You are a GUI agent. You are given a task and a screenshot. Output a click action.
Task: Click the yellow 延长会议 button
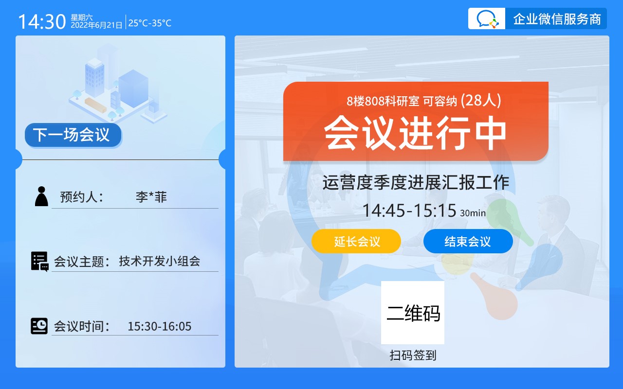click(356, 241)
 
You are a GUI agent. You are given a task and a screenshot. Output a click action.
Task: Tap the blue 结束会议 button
click(468, 241)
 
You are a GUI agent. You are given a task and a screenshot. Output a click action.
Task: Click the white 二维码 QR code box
click(413, 313)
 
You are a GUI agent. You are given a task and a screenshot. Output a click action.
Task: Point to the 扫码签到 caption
click(413, 355)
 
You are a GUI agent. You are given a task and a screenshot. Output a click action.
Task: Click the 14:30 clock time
click(42, 22)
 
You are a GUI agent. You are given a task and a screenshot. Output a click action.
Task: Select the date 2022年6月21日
click(96, 25)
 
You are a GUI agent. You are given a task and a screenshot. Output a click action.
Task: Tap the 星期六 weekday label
click(81, 18)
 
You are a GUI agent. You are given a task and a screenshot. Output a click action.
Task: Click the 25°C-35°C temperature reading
click(150, 23)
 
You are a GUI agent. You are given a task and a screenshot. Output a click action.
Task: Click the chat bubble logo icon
click(487, 18)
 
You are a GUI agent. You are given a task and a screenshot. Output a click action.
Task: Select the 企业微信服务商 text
click(557, 19)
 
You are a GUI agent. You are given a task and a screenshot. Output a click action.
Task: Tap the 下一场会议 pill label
click(73, 135)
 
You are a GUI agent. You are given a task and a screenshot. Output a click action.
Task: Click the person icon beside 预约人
click(41, 196)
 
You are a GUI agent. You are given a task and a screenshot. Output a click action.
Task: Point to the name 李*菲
click(151, 197)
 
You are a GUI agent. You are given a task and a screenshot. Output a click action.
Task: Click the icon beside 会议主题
click(40, 262)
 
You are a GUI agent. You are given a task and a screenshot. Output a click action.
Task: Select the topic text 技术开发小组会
click(160, 261)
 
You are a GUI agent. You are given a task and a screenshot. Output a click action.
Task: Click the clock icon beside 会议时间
click(39, 326)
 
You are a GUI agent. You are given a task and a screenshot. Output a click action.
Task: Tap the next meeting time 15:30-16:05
click(160, 326)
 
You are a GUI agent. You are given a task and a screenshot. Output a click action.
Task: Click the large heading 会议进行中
click(415, 133)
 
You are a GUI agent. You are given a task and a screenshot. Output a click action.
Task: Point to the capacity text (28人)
click(481, 100)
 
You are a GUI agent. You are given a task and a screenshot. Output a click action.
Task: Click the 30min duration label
click(473, 213)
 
